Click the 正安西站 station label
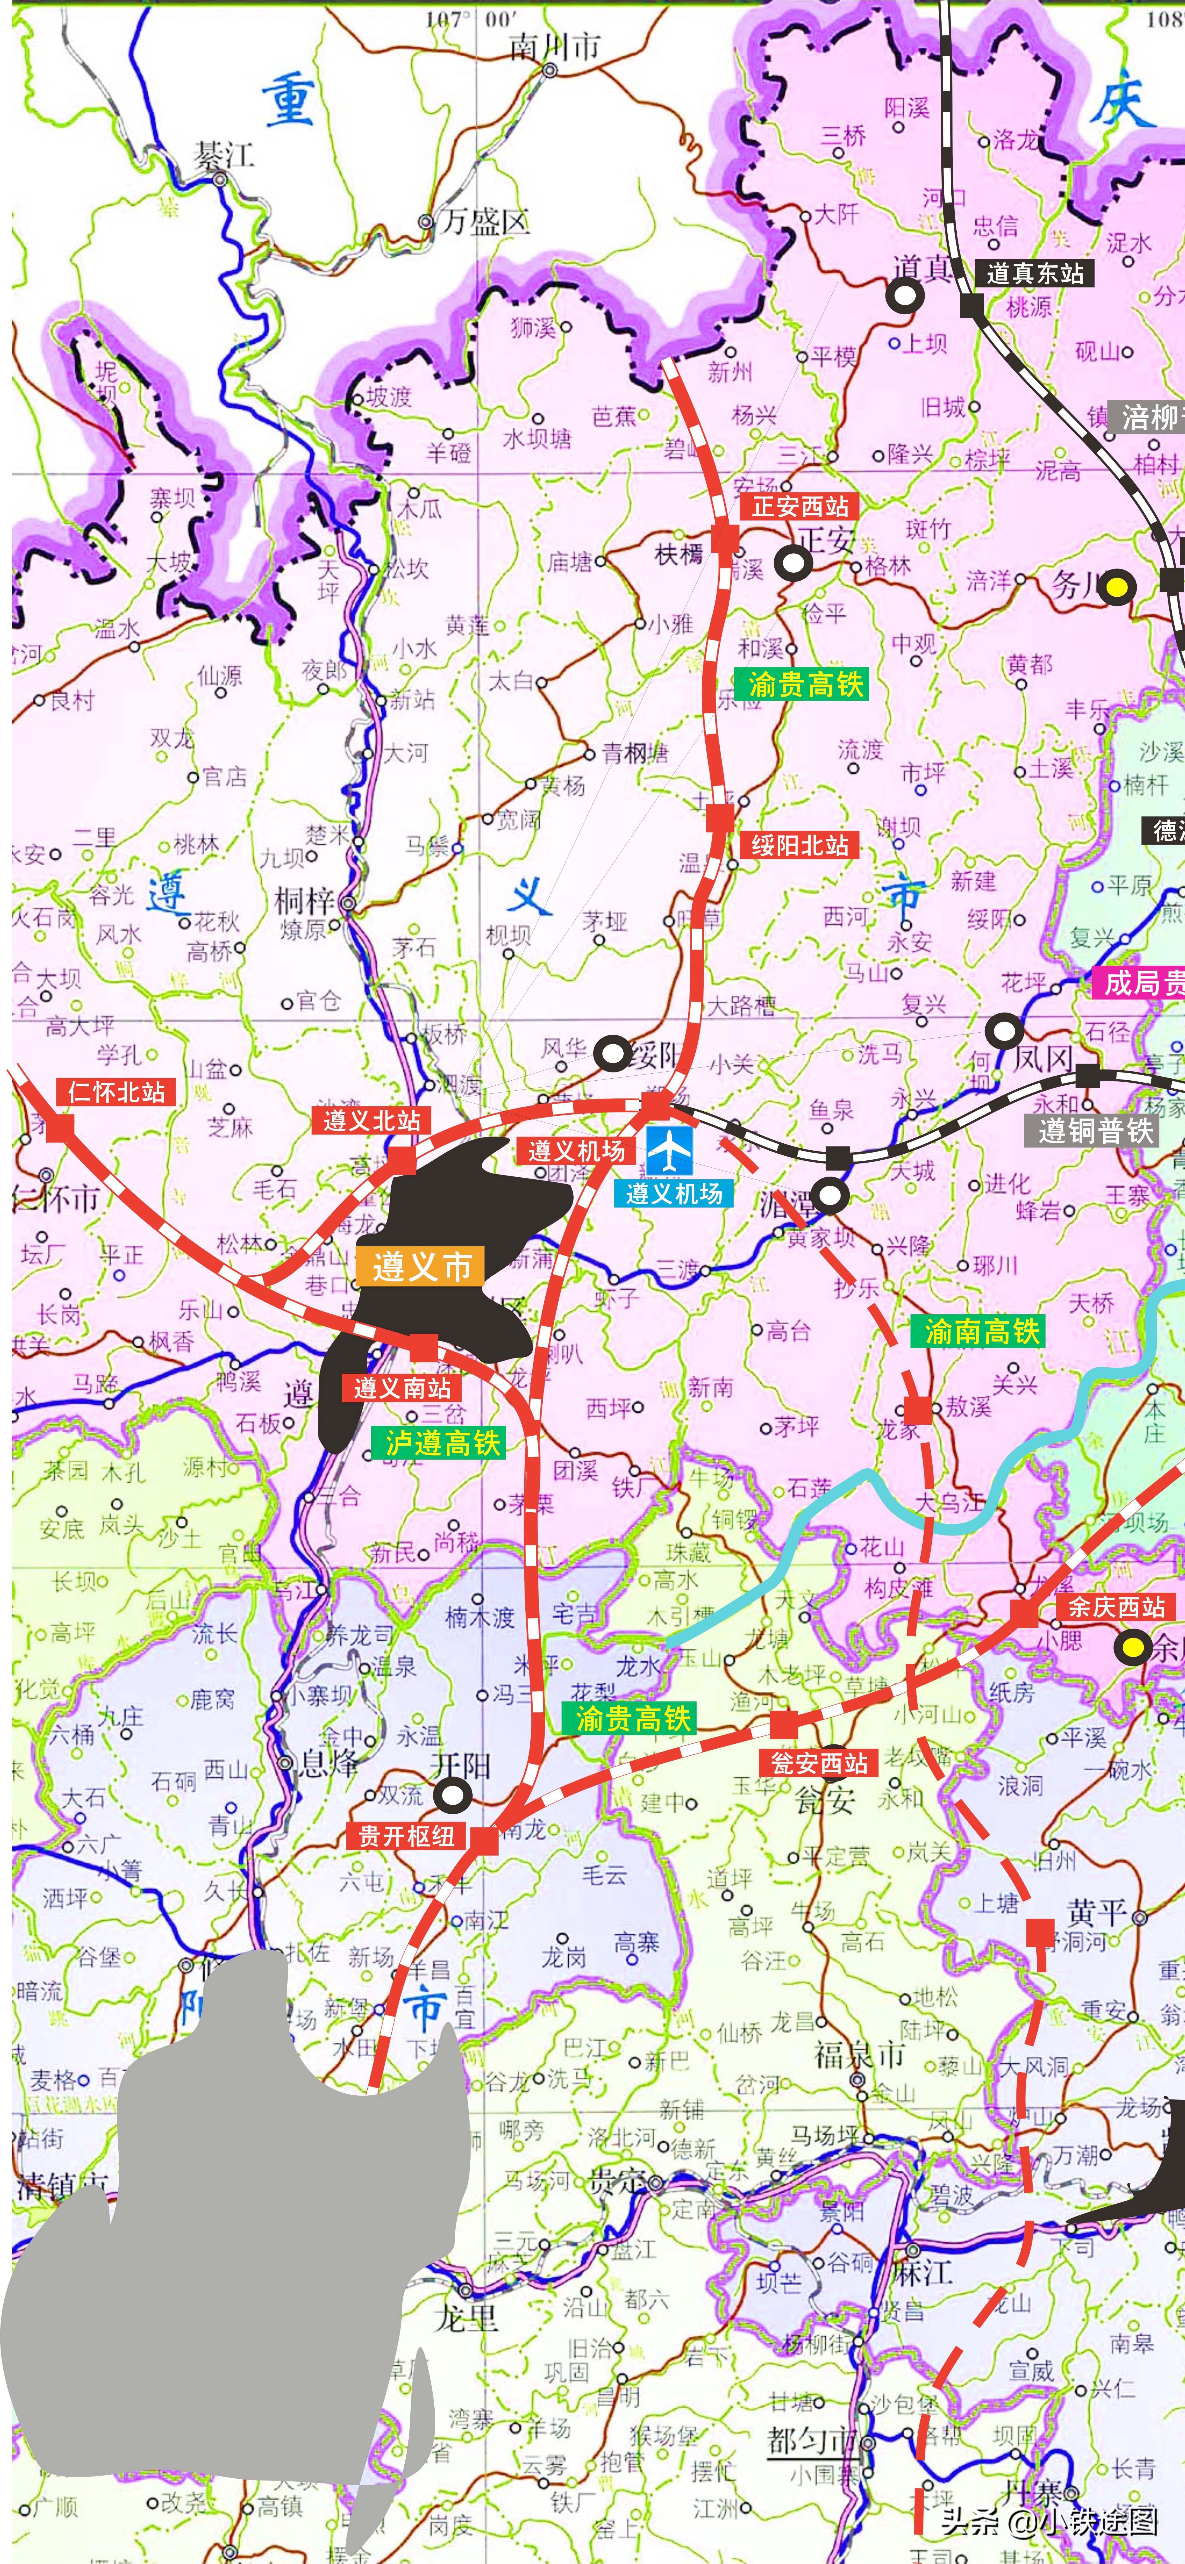pyautogui.click(x=799, y=507)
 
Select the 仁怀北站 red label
pyautogui.click(x=116, y=1092)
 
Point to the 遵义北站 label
pyautogui.click(x=372, y=1121)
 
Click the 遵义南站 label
pyautogui.click(x=402, y=1387)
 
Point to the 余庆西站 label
pyautogui.click(x=1116, y=1608)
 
